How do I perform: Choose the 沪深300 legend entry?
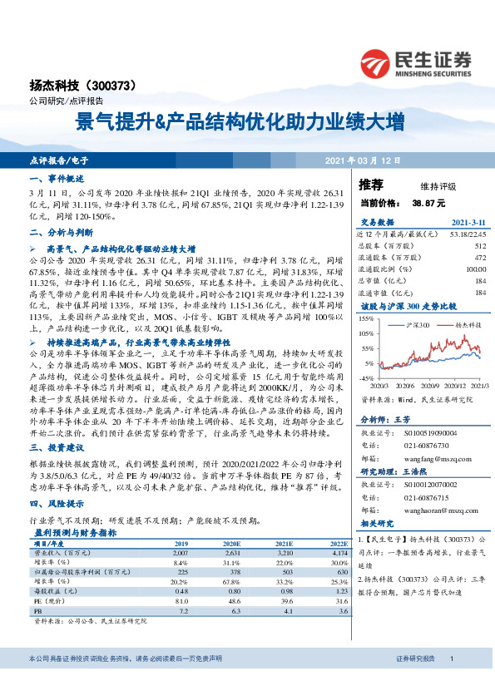[x=416, y=324]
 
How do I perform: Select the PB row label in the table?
[x=37, y=609]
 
